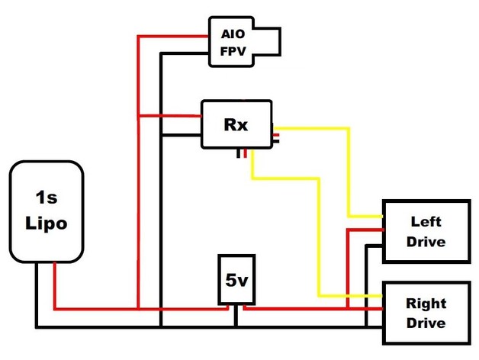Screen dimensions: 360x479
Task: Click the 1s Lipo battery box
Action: [45, 211]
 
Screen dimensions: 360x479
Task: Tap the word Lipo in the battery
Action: [45, 224]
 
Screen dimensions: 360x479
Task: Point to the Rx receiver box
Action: [236, 124]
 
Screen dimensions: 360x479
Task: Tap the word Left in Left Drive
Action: [426, 223]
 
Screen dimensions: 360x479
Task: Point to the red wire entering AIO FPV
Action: [175, 36]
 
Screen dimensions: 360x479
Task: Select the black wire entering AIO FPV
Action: [187, 53]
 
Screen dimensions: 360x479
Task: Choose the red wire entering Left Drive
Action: [366, 229]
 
